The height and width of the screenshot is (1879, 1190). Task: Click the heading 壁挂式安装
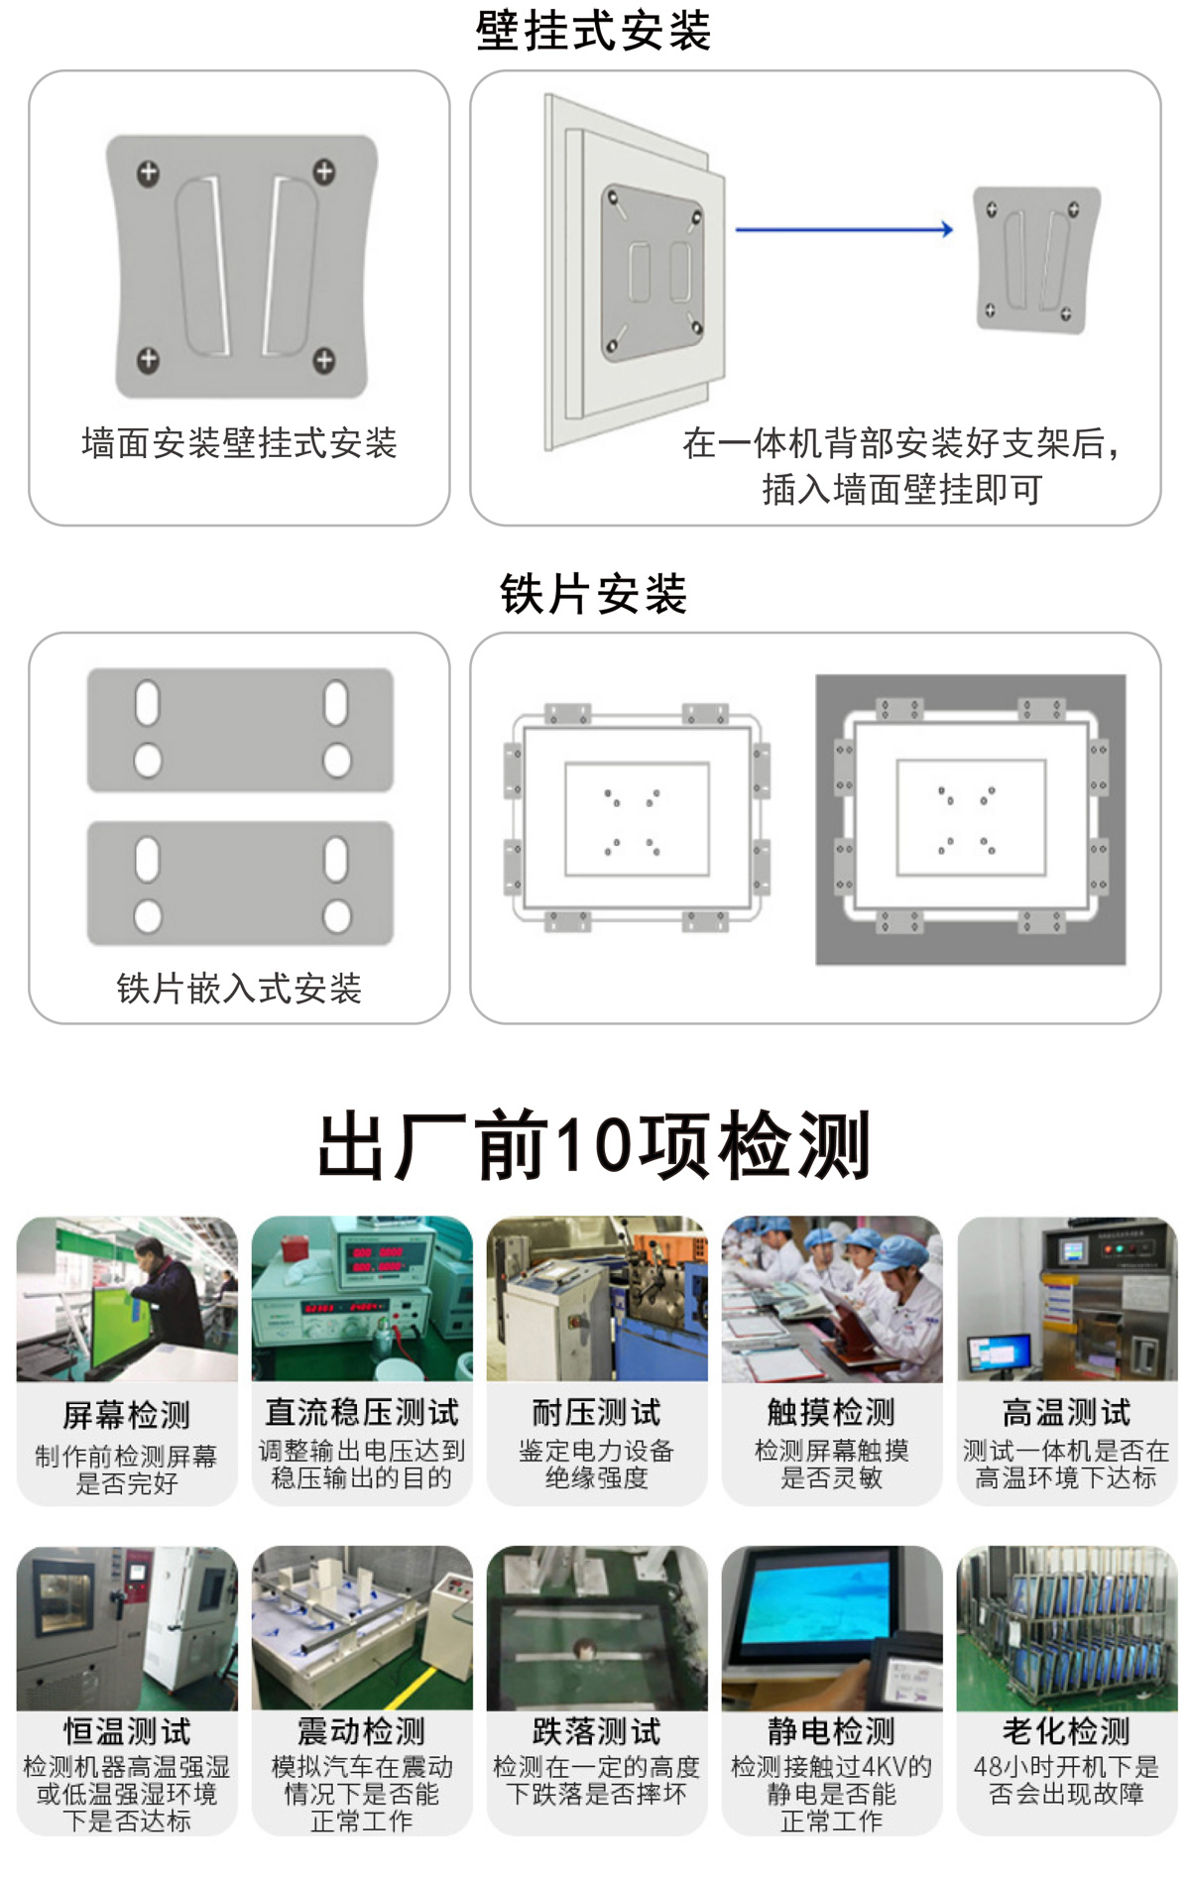click(593, 30)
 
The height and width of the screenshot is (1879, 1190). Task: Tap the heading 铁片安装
click(593, 593)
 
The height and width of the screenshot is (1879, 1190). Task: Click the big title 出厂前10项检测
click(593, 1145)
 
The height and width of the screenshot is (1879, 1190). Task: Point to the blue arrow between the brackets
click(843, 230)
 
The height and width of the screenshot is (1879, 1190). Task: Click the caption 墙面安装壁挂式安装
click(239, 443)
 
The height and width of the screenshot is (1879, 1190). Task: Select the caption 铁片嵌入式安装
click(239, 988)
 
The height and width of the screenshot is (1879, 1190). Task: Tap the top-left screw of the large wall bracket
click(148, 174)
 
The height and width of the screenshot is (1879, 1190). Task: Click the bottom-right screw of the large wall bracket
click(324, 360)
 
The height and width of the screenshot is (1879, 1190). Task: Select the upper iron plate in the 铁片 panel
click(240, 730)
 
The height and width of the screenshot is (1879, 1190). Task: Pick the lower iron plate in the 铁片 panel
click(240, 882)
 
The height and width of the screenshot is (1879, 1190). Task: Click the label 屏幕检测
click(126, 1415)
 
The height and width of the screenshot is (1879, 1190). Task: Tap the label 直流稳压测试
click(362, 1412)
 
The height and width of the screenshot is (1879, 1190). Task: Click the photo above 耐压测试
click(597, 1299)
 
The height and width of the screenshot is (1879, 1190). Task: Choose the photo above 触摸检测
click(831, 1299)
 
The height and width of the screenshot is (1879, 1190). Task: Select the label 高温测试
click(1066, 1412)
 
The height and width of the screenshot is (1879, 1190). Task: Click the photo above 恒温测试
click(127, 1628)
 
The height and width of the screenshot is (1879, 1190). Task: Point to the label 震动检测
click(362, 1731)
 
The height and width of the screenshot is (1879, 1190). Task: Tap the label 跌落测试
click(597, 1731)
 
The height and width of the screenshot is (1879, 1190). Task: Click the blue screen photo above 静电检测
click(831, 1628)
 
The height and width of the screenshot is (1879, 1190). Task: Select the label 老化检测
click(1066, 1731)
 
